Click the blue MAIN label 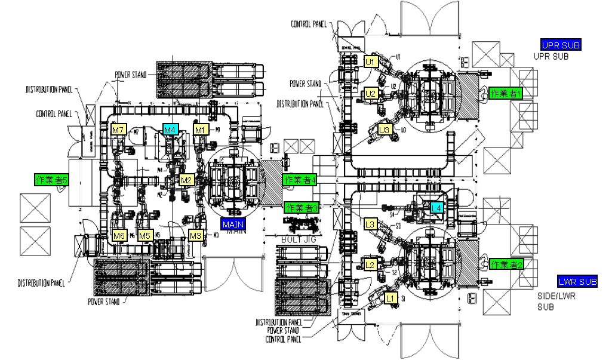click(233, 224)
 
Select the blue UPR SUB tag click(561, 45)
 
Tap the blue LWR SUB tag click(577, 281)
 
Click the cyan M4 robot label click(171, 130)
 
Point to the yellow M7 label click(118, 130)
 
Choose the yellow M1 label click(200, 130)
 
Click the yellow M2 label click(187, 180)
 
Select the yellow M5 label click(144, 235)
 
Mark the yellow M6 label click(119, 235)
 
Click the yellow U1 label click(370, 61)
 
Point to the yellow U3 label click(385, 130)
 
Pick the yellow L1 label click(390, 296)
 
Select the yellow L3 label click(370, 224)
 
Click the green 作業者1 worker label click(506, 93)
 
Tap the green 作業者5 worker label click(51, 179)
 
